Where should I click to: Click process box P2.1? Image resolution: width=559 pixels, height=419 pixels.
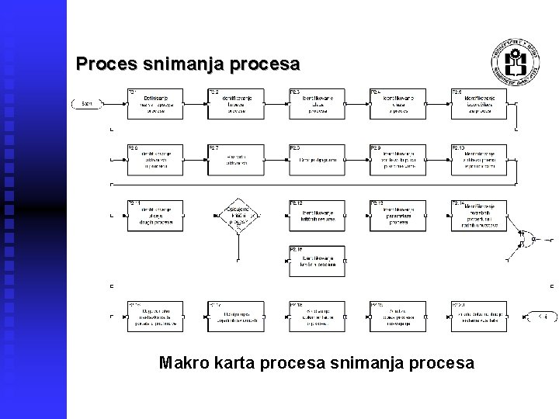pyautogui.click(x=156, y=103)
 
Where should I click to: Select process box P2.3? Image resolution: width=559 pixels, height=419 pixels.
pyautogui.click(x=318, y=103)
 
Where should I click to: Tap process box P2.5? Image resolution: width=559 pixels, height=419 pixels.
pyautogui.click(x=478, y=103)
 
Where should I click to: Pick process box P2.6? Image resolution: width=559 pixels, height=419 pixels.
pyautogui.click(x=156, y=160)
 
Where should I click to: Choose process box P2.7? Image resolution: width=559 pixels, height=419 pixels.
pyautogui.click(x=236, y=160)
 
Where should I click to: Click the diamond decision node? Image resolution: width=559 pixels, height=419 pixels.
pyautogui.click(x=238, y=215)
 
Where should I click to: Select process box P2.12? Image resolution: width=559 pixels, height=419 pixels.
pyautogui.click(x=318, y=215)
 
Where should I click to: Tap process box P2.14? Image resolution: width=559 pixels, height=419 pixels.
pyautogui.click(x=478, y=215)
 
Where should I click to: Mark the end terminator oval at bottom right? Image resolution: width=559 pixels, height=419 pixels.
pyautogui.click(x=541, y=316)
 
